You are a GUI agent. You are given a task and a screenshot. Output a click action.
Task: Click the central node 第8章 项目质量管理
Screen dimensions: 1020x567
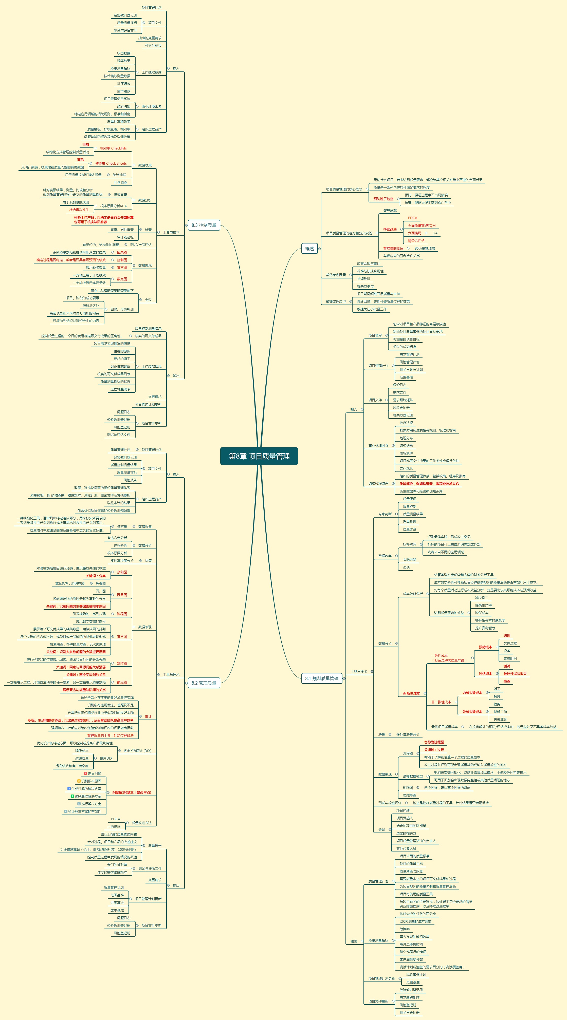(x=259, y=456)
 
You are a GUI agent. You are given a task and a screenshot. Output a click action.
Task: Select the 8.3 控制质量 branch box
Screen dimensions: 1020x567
(x=204, y=225)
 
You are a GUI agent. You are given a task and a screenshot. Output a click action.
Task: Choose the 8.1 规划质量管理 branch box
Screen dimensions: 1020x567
(x=321, y=678)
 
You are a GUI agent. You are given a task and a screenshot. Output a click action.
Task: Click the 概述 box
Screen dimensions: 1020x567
(x=309, y=249)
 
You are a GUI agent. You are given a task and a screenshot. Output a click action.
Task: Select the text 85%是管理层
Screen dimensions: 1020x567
(x=425, y=248)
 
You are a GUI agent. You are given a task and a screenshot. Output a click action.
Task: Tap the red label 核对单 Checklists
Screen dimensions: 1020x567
(x=113, y=148)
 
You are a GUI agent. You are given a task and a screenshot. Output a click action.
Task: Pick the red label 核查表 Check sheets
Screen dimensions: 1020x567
(x=111, y=163)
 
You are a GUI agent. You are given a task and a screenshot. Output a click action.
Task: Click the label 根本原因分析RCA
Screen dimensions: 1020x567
(x=113, y=206)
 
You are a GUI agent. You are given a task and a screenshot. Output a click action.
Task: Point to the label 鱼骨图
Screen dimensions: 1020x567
(x=101, y=583)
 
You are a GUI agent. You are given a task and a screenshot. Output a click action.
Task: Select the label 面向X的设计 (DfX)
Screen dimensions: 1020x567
(x=137, y=751)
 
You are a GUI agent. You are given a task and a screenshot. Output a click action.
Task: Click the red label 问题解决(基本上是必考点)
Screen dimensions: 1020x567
(x=132, y=792)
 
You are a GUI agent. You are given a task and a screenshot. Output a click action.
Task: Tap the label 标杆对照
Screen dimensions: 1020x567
(x=409, y=544)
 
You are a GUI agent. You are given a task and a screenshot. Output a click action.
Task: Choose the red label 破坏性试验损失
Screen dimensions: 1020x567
(x=515, y=673)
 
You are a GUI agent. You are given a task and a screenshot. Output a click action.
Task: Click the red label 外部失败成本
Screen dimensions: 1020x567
(x=472, y=712)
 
